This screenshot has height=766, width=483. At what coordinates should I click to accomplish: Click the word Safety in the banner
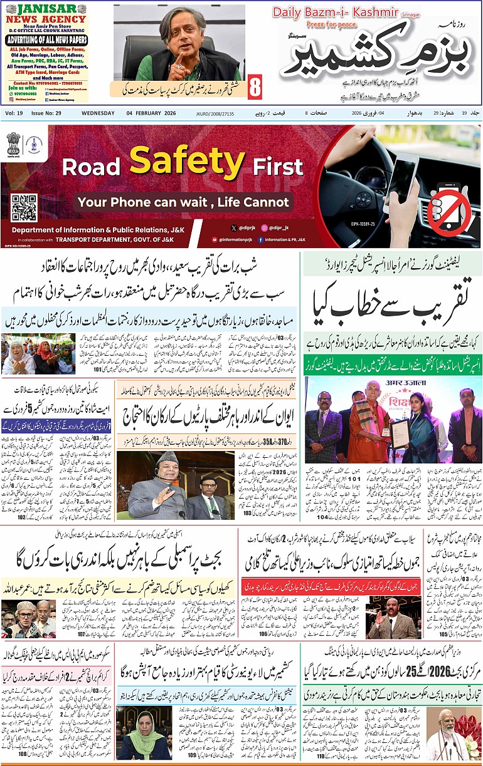click(x=187, y=161)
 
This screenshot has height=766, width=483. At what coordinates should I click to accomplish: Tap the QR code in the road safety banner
click(x=24, y=207)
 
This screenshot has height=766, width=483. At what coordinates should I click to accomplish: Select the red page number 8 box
click(x=254, y=87)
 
